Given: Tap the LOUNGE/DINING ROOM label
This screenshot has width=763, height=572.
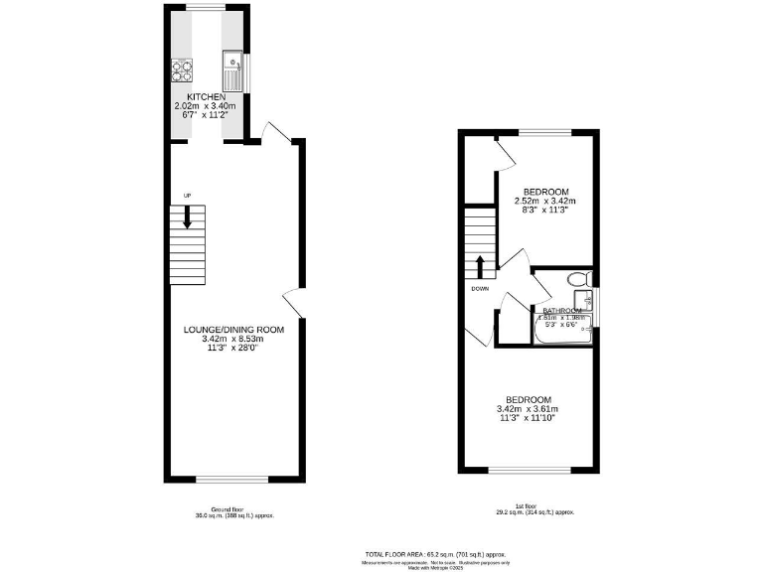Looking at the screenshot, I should pyautogui.click(x=233, y=330).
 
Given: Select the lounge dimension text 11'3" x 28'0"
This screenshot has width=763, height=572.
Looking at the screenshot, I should pyautogui.click(x=233, y=349).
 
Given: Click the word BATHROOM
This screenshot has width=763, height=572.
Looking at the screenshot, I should pyautogui.click(x=562, y=310).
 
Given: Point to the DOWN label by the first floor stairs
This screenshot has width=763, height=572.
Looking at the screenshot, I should pyautogui.click(x=480, y=290).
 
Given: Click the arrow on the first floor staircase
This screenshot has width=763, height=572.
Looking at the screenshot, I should pyautogui.click(x=480, y=265).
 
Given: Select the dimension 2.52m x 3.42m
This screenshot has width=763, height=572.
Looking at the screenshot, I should pyautogui.click(x=545, y=202).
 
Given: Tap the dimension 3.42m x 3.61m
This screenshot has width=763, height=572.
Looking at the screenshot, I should pyautogui.click(x=527, y=409).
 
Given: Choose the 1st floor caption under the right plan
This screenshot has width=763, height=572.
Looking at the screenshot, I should pyautogui.click(x=534, y=509).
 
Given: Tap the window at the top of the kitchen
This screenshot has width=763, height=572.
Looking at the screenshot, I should pyautogui.click(x=207, y=8).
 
